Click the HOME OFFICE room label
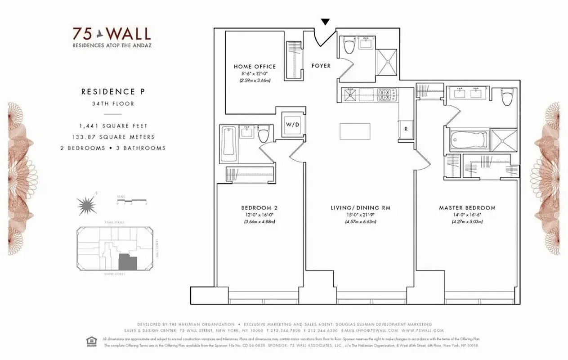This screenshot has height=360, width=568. pyautogui.click(x=255, y=67)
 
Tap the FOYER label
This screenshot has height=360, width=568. pyautogui.click(x=321, y=66)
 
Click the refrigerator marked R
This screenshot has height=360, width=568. pyautogui.click(x=406, y=129)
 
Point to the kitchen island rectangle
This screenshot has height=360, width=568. pyautogui.click(x=355, y=131)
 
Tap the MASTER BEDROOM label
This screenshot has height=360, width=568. pyautogui.click(x=467, y=208)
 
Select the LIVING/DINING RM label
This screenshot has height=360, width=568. pyautogui.click(x=361, y=208)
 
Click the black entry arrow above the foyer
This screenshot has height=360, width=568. pyautogui.click(x=326, y=22)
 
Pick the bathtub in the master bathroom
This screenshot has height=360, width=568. pyautogui.click(x=469, y=140)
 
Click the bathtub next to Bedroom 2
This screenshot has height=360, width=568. pyautogui.click(x=228, y=144)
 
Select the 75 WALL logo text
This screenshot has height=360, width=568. pyautogui.click(x=112, y=34)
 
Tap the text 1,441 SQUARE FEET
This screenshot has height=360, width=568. pyautogui.click(x=113, y=126)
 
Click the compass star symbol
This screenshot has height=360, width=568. pyautogui.click(x=86, y=205)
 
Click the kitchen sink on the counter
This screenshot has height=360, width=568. pyautogui.click(x=350, y=94)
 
